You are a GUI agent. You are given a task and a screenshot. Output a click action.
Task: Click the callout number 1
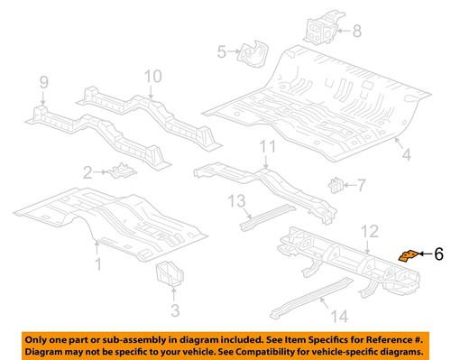pyautogui.click(x=98, y=263)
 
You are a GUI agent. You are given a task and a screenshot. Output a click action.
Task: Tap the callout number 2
pyautogui.click(x=87, y=171)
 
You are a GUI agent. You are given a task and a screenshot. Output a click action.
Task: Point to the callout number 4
pyautogui.click(x=406, y=156)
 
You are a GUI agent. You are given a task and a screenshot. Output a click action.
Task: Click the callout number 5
pyautogui.click(x=222, y=53)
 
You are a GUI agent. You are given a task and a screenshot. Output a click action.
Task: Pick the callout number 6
pyautogui.click(x=438, y=255)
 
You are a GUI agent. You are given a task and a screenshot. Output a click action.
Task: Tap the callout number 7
pyautogui.click(x=362, y=186)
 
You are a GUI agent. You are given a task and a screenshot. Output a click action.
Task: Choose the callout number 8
pyautogui.click(x=355, y=32)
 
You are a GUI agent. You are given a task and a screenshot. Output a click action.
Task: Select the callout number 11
pyautogui.click(x=266, y=146)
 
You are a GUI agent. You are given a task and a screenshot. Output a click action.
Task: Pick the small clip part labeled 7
pyautogui.click(x=336, y=187)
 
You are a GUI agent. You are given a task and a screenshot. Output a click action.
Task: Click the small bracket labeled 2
pyautogui.click(x=119, y=171)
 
